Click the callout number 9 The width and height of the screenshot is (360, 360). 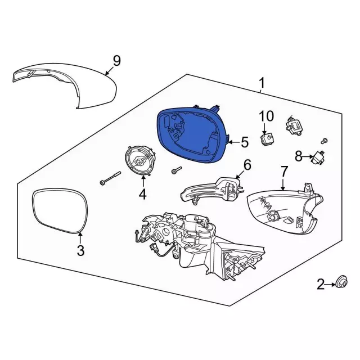pos(116,61)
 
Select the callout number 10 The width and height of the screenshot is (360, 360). pos(266,116)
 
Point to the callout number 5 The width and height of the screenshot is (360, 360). pos(245,142)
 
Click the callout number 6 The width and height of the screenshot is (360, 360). pos(247,165)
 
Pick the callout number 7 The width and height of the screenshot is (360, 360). pos(283,171)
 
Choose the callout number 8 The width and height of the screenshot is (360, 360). pos(299,156)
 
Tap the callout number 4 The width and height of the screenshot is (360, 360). pos(142,194)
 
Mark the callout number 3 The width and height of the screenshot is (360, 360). pos(80,250)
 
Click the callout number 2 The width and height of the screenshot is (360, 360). pos(321,284)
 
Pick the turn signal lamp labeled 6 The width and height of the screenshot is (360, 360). pos(211,189)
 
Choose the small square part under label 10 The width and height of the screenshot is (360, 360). pos(268,139)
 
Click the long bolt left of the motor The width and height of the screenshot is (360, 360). pos(110,178)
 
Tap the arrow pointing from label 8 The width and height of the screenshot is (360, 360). pos(308,157)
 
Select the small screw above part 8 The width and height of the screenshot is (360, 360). pos(325,141)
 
